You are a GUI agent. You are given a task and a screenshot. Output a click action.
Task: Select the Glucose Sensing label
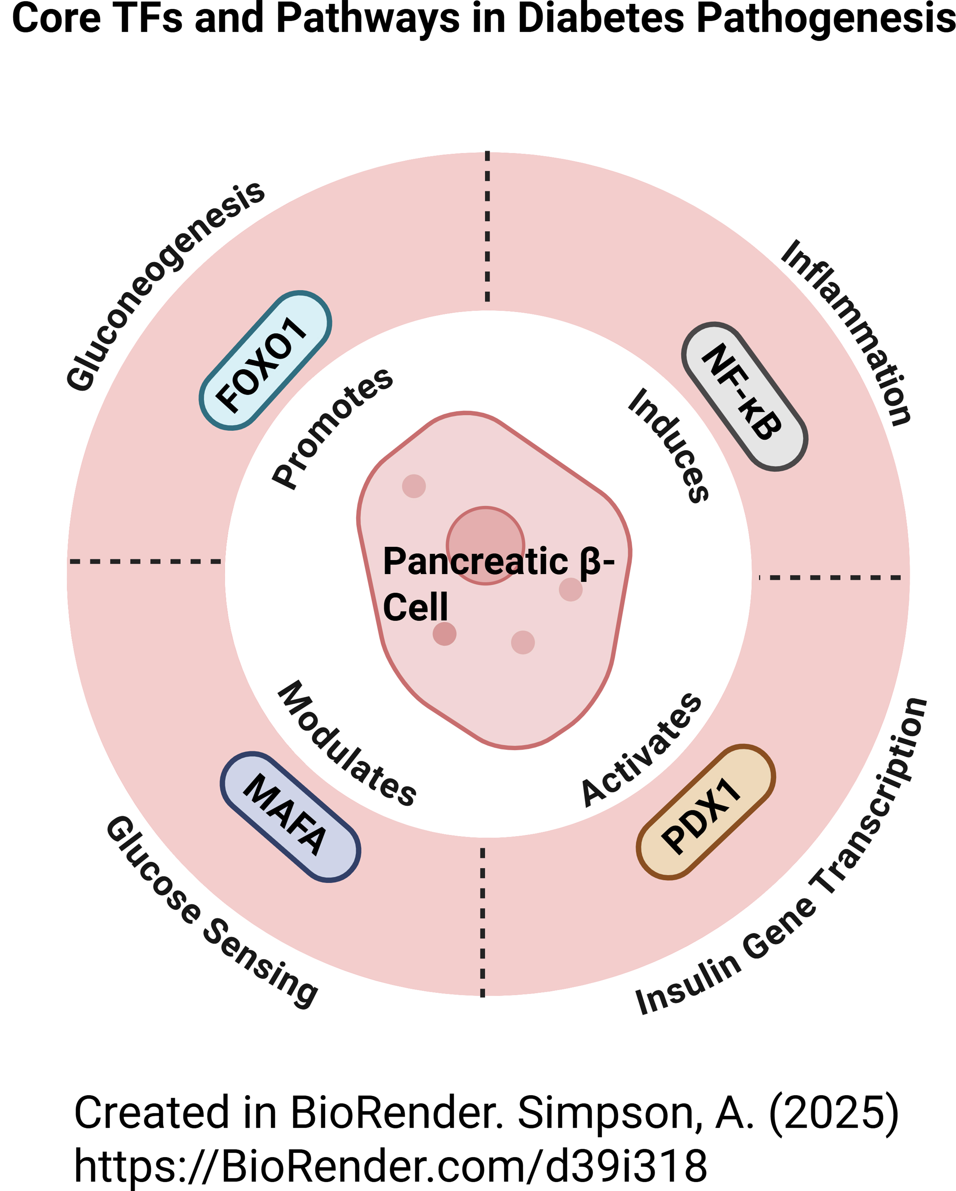(x=211, y=911)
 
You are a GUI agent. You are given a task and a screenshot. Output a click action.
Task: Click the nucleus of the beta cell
(x=485, y=545)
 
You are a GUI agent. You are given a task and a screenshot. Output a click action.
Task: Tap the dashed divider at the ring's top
(x=487, y=227)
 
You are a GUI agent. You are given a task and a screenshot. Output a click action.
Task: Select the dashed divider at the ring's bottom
(x=483, y=922)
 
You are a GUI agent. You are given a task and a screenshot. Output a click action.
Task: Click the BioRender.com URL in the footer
(x=391, y=1167)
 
